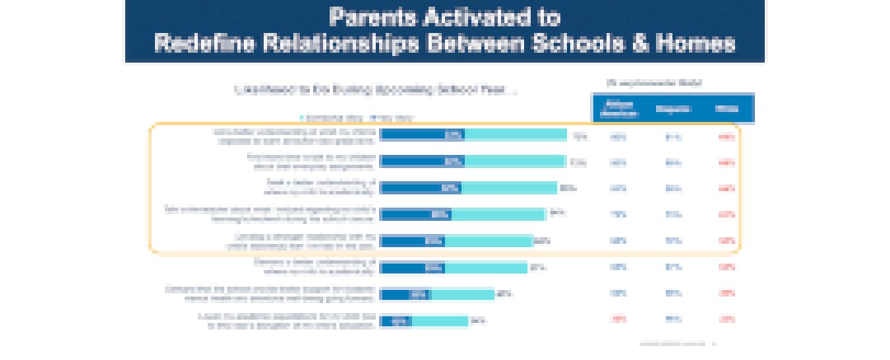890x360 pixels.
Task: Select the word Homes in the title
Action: pyautogui.click(x=700, y=44)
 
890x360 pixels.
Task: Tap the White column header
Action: pyautogui.click(x=726, y=109)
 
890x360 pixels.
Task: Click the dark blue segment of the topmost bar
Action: pyautogui.click(x=422, y=135)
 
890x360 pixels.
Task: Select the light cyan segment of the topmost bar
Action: pyautogui.click(x=516, y=135)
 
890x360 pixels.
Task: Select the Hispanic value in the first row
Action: pyautogui.click(x=672, y=137)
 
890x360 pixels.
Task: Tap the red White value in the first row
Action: pyautogui.click(x=726, y=137)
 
